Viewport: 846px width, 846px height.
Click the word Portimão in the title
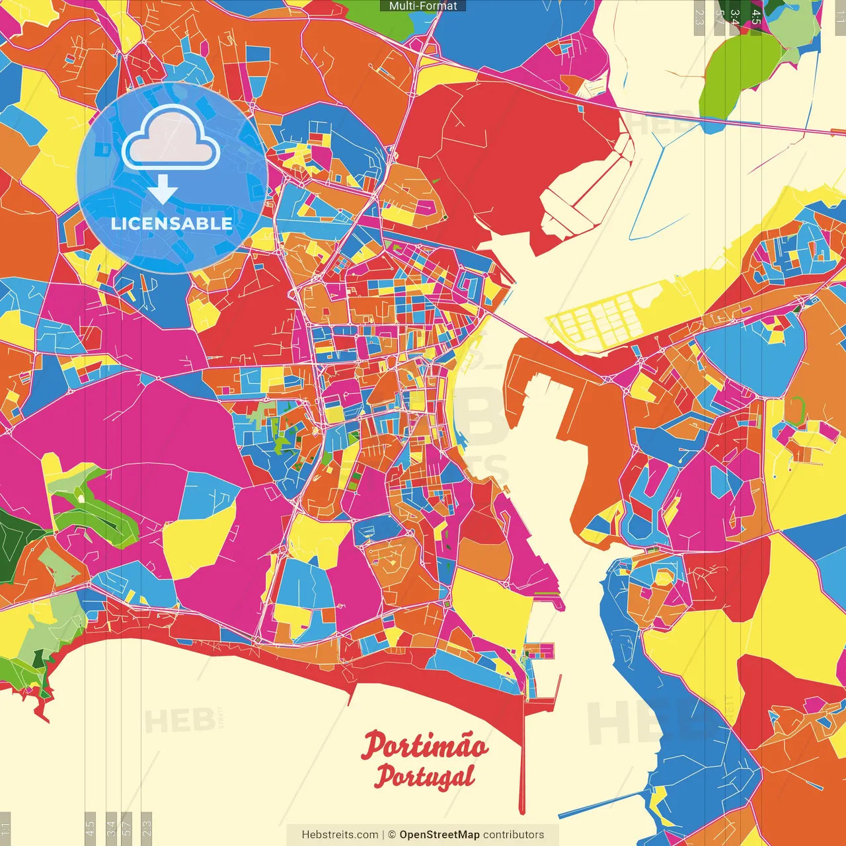click(425, 747)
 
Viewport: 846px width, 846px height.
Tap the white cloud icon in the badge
click(171, 139)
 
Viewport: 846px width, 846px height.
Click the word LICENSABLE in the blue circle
click(171, 223)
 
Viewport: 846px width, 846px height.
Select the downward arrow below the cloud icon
click(162, 190)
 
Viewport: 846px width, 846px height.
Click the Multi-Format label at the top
click(423, 6)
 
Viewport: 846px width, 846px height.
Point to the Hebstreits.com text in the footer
click(340, 835)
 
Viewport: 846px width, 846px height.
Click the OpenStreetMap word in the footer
click(439, 835)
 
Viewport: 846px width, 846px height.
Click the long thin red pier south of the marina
click(522, 760)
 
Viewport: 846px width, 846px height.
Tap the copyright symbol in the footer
click(391, 835)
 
